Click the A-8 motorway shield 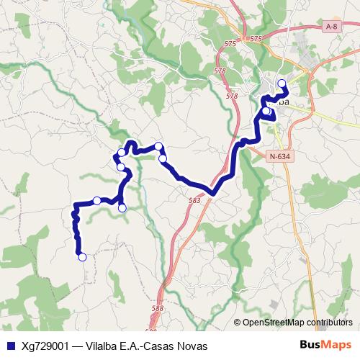(331, 27)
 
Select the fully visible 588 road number (158, 309)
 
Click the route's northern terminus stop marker (282, 83)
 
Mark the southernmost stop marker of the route (82, 256)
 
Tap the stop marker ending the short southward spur (122, 208)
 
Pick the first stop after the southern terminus (96, 200)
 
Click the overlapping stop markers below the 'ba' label (266, 112)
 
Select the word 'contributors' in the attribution (333, 323)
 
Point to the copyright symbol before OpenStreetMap (237, 323)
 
